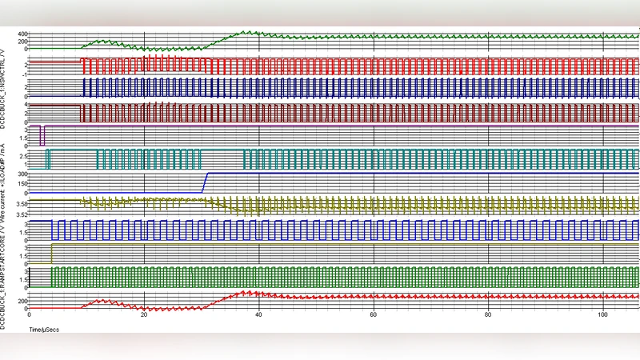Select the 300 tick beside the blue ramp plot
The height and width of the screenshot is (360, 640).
pyautogui.click(x=22, y=174)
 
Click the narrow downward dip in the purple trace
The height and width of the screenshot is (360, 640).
pyautogui.click(x=42, y=134)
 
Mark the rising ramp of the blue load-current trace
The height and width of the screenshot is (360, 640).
pyautogui.click(x=204, y=183)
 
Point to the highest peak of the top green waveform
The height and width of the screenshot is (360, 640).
pyautogui.click(x=246, y=32)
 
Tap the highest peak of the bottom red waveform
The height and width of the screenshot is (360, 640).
pyautogui.click(x=247, y=292)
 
